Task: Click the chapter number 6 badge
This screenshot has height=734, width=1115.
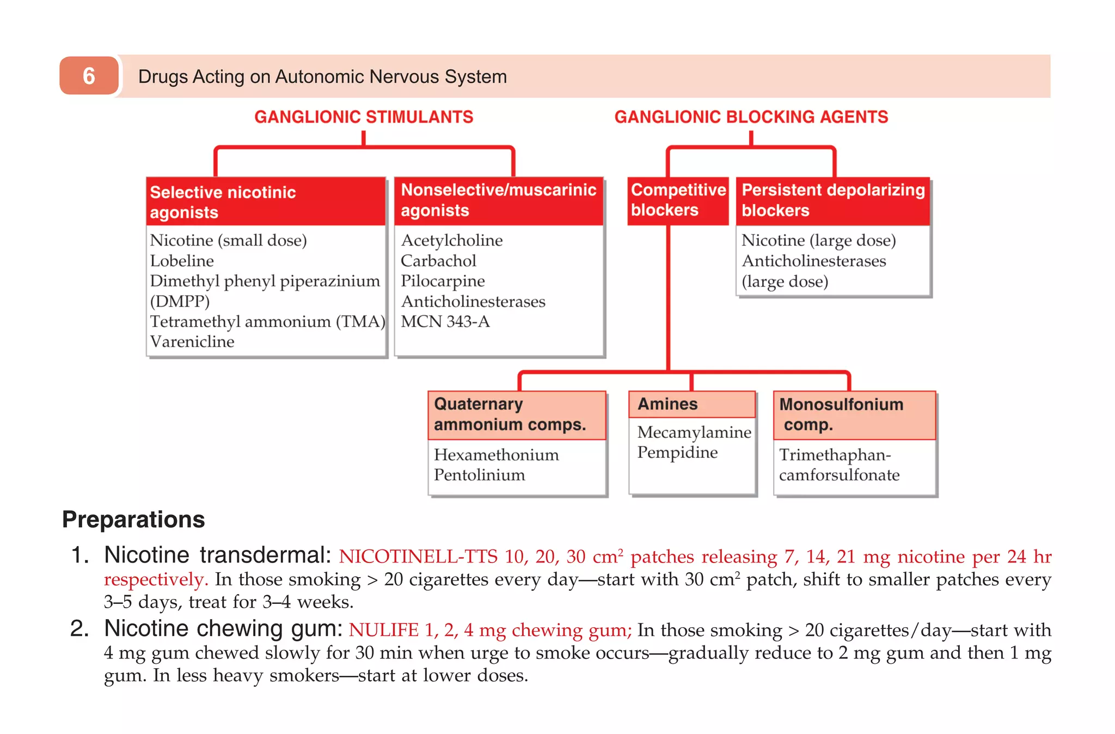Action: coord(89,76)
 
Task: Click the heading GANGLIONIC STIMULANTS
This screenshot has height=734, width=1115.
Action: coord(364,117)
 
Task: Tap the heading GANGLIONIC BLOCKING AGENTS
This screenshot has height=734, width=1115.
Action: coord(751,117)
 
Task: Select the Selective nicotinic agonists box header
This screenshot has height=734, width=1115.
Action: coord(266,202)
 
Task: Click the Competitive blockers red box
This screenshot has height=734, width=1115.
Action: coord(677,200)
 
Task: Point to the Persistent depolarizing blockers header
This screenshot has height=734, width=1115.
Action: coord(832,200)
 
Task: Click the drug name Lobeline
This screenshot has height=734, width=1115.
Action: coord(182,261)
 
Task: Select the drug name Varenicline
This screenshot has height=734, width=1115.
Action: coord(192,342)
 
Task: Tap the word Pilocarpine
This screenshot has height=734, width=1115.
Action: coord(443,281)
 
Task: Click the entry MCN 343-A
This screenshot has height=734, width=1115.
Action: coord(445,322)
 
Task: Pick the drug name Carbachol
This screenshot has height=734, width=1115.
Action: coord(438,261)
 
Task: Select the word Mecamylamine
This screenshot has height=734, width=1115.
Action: coord(694,432)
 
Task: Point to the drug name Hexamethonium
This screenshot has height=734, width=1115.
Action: coord(496,455)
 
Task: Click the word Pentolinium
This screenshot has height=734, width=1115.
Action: coord(479,475)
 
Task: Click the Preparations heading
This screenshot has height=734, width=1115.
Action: coord(133,519)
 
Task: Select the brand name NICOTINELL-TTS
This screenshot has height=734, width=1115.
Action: coord(418,556)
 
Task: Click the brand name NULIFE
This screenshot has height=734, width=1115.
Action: coord(383,630)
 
